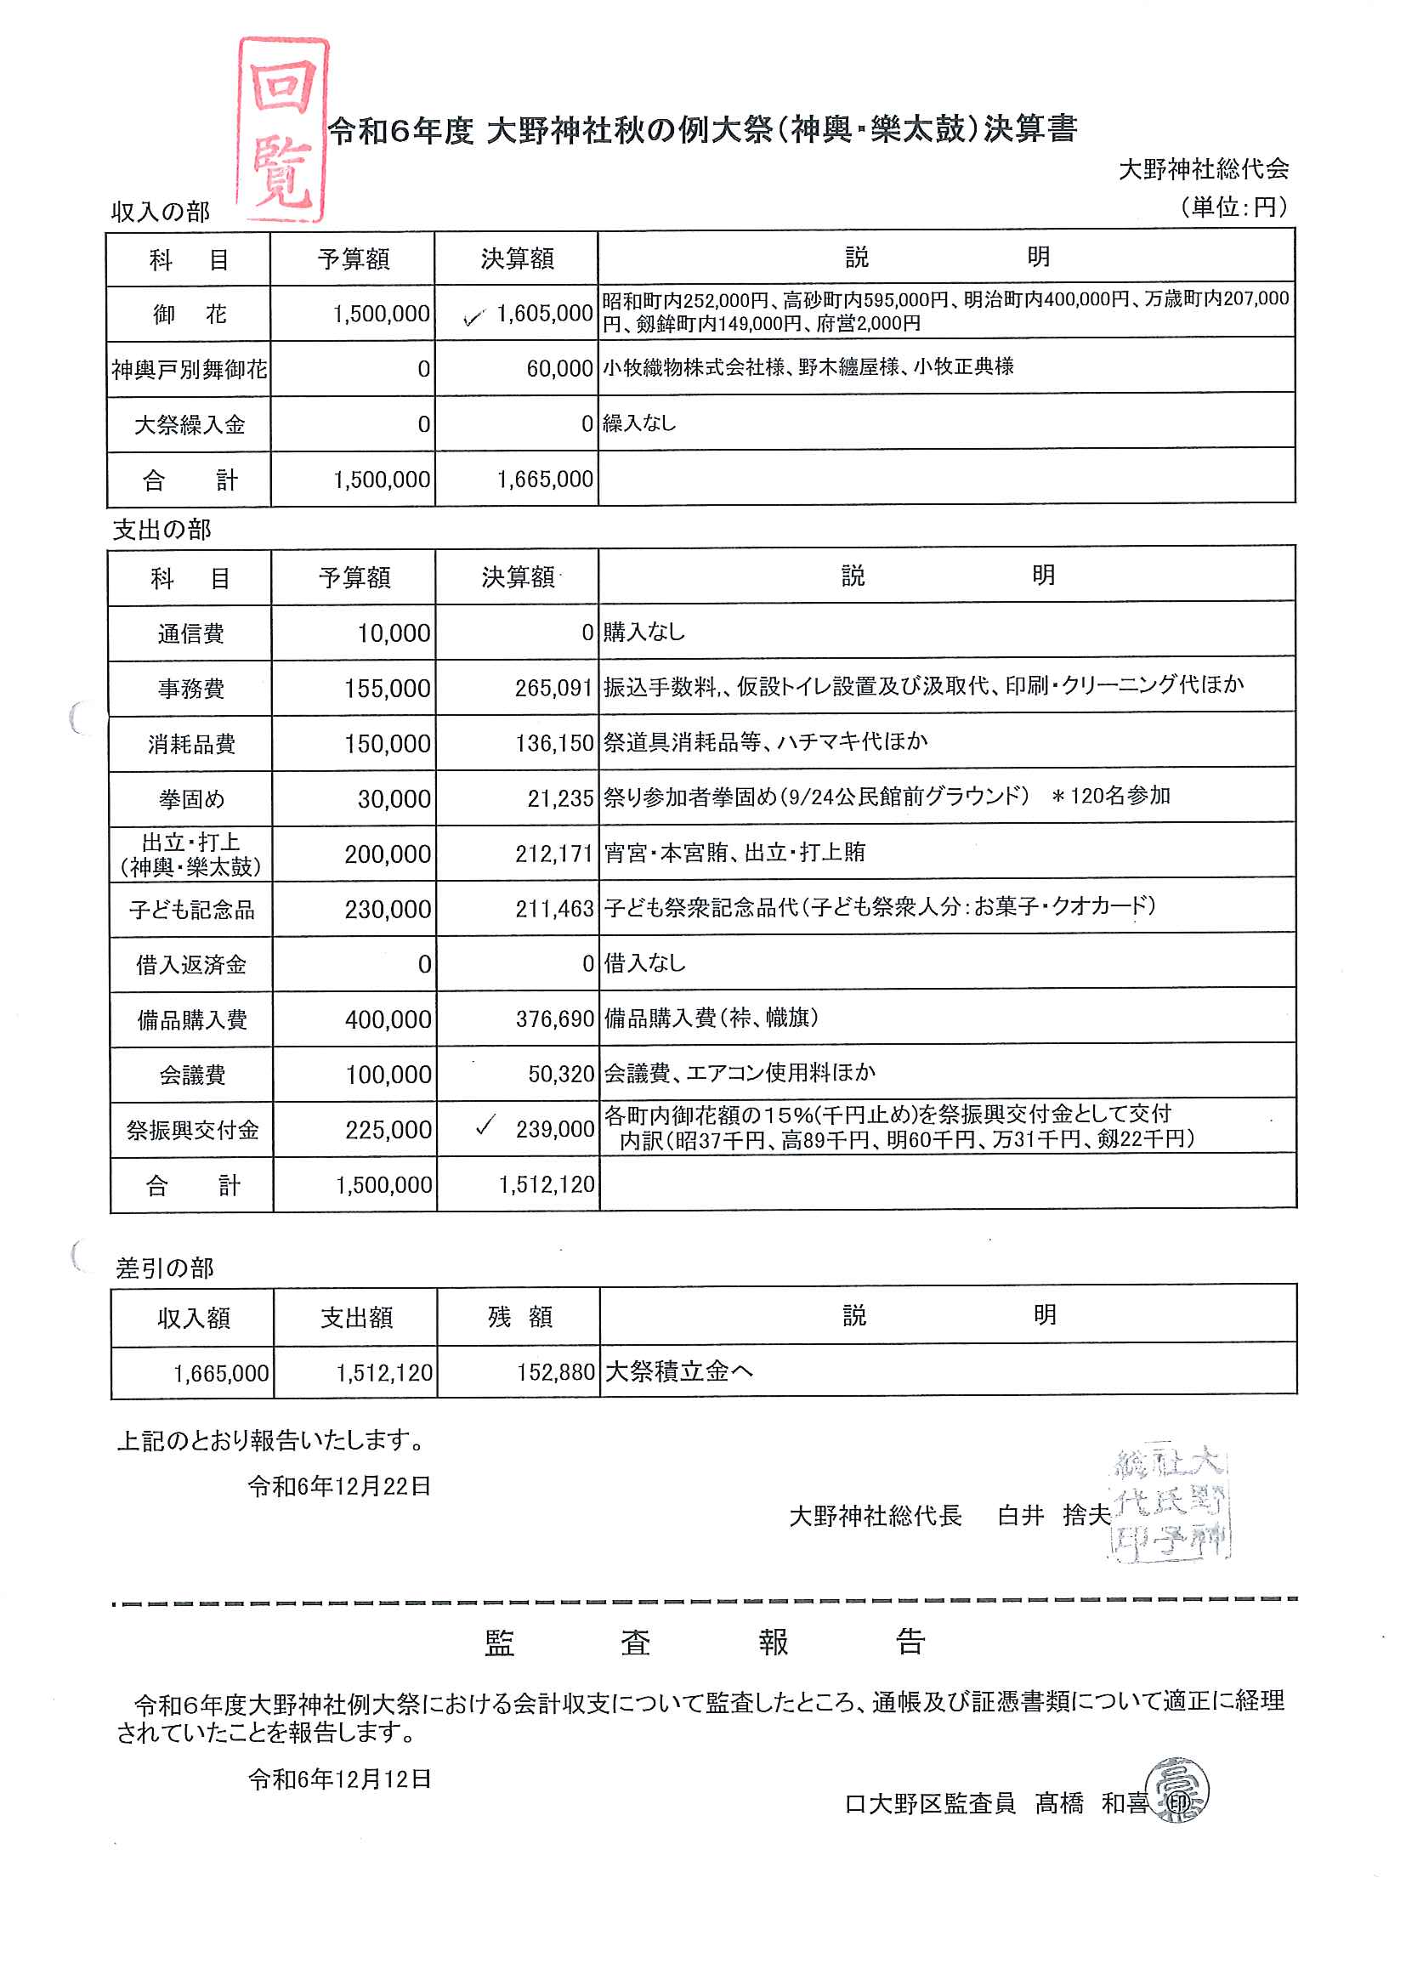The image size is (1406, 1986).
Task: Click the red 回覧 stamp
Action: click(282, 130)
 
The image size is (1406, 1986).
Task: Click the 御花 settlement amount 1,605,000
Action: click(544, 314)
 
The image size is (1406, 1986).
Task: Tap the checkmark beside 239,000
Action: click(486, 1126)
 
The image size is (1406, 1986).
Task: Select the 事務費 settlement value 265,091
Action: click(554, 689)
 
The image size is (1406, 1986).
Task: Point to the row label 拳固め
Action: click(191, 799)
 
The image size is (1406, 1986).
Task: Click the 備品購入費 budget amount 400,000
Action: click(388, 1020)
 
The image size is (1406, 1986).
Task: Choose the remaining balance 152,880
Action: click(556, 1372)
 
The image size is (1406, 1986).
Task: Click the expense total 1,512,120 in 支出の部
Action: click(547, 1184)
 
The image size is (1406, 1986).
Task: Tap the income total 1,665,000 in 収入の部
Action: click(545, 479)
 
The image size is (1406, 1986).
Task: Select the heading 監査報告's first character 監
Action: click(500, 1643)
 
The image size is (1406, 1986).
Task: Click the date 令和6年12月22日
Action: click(339, 1485)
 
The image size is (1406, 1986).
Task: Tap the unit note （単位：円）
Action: click(1233, 207)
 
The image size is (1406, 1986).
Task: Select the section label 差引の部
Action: click(165, 1268)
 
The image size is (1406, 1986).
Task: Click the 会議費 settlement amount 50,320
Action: click(561, 1075)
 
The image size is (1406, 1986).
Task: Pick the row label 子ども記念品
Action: click(191, 910)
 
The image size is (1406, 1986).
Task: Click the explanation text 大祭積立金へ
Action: click(678, 1371)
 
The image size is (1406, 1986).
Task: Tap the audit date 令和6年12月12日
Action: click(339, 1779)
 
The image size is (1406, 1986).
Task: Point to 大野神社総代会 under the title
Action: click(1204, 169)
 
